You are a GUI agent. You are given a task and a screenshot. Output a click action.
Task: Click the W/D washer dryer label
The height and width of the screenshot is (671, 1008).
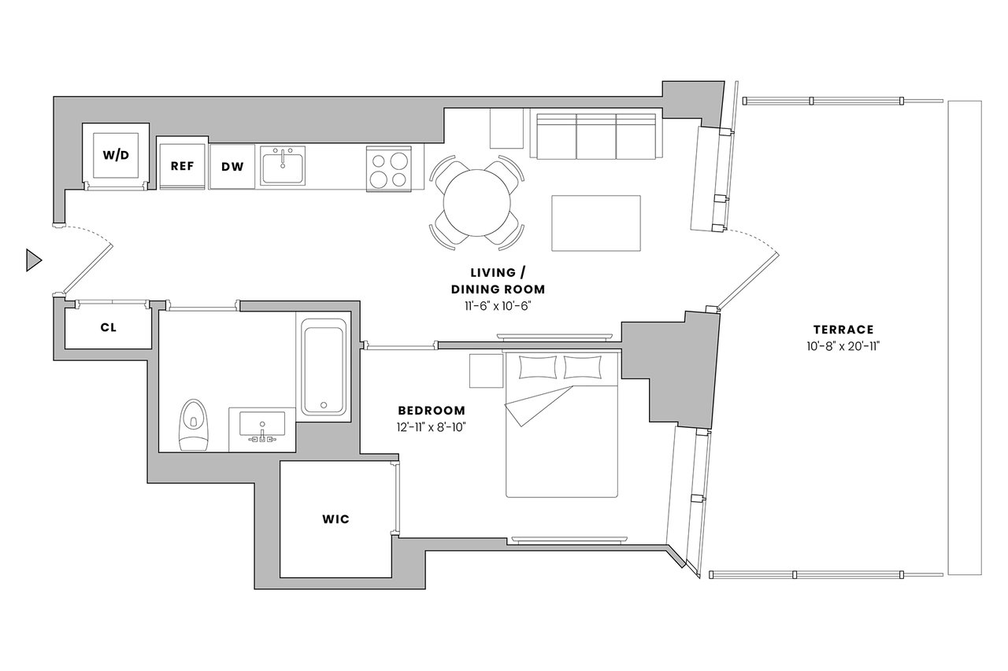coord(116,155)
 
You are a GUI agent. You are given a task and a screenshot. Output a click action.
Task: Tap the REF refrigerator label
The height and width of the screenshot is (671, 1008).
coord(182,166)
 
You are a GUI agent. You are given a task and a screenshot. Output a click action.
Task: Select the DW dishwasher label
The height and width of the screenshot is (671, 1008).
coord(232,167)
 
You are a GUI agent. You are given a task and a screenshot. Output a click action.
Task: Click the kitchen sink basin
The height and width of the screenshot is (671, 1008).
coord(283,165)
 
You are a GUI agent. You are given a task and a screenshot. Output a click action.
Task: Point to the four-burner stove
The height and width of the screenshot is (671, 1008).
coord(389,169)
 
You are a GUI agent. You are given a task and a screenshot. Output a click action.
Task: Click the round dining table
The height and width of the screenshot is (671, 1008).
coord(477,203)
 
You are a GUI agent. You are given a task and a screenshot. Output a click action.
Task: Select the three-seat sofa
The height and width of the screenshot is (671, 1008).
coord(596,136)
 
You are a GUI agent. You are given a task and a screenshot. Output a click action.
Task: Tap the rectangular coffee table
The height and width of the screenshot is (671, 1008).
coord(596,223)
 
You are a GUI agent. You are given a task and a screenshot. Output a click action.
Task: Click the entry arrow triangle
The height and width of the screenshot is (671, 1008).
coord(34,260)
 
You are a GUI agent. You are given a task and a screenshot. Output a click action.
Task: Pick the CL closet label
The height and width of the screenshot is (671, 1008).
coord(109,328)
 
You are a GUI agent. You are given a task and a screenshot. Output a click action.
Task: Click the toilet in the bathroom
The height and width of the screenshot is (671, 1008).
coord(194,425)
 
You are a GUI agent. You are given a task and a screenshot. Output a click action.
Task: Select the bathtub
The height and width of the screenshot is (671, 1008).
coord(324,367)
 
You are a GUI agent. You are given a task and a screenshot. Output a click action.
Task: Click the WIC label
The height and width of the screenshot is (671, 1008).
coord(335,519)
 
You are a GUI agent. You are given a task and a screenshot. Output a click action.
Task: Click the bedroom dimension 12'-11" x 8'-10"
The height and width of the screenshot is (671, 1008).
coord(431,427)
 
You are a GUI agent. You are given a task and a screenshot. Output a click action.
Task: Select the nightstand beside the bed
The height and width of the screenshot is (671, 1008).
coord(487,371)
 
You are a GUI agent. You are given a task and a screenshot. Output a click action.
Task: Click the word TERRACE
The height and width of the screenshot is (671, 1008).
coord(843,330)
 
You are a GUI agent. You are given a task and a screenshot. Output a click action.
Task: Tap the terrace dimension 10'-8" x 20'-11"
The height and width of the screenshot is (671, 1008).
coord(843,346)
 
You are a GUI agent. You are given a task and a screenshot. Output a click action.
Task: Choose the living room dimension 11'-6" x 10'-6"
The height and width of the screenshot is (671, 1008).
coord(498,306)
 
